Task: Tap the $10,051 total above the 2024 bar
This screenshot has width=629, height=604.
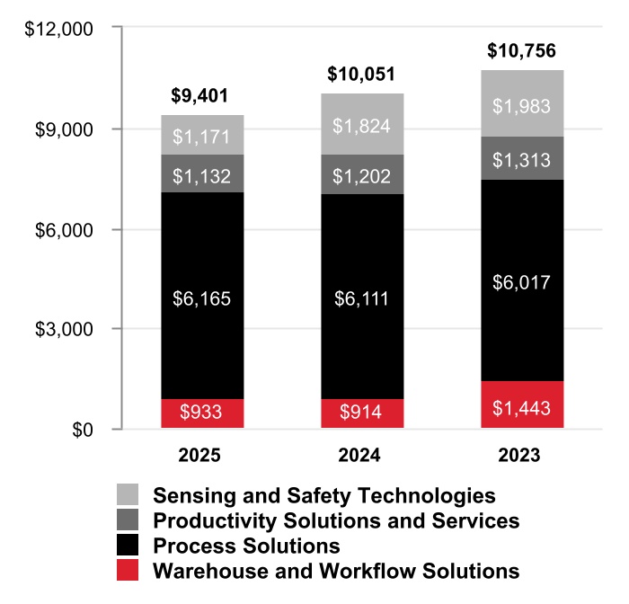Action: [362, 74]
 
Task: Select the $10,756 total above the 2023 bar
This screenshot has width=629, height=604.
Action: [521, 51]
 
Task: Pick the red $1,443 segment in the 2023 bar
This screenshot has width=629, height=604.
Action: [521, 405]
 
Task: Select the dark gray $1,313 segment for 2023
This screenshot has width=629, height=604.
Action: [521, 158]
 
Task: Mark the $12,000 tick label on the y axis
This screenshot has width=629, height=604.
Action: [60, 29]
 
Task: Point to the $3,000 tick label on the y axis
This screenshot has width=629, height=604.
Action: [66, 330]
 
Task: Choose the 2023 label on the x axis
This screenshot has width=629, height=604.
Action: [521, 456]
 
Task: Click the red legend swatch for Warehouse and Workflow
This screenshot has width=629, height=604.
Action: [128, 570]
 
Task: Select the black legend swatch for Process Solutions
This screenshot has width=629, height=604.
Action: [128, 545]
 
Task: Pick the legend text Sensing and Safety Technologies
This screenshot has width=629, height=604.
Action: [324, 495]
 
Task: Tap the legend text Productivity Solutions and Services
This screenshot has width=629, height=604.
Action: [336, 520]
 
